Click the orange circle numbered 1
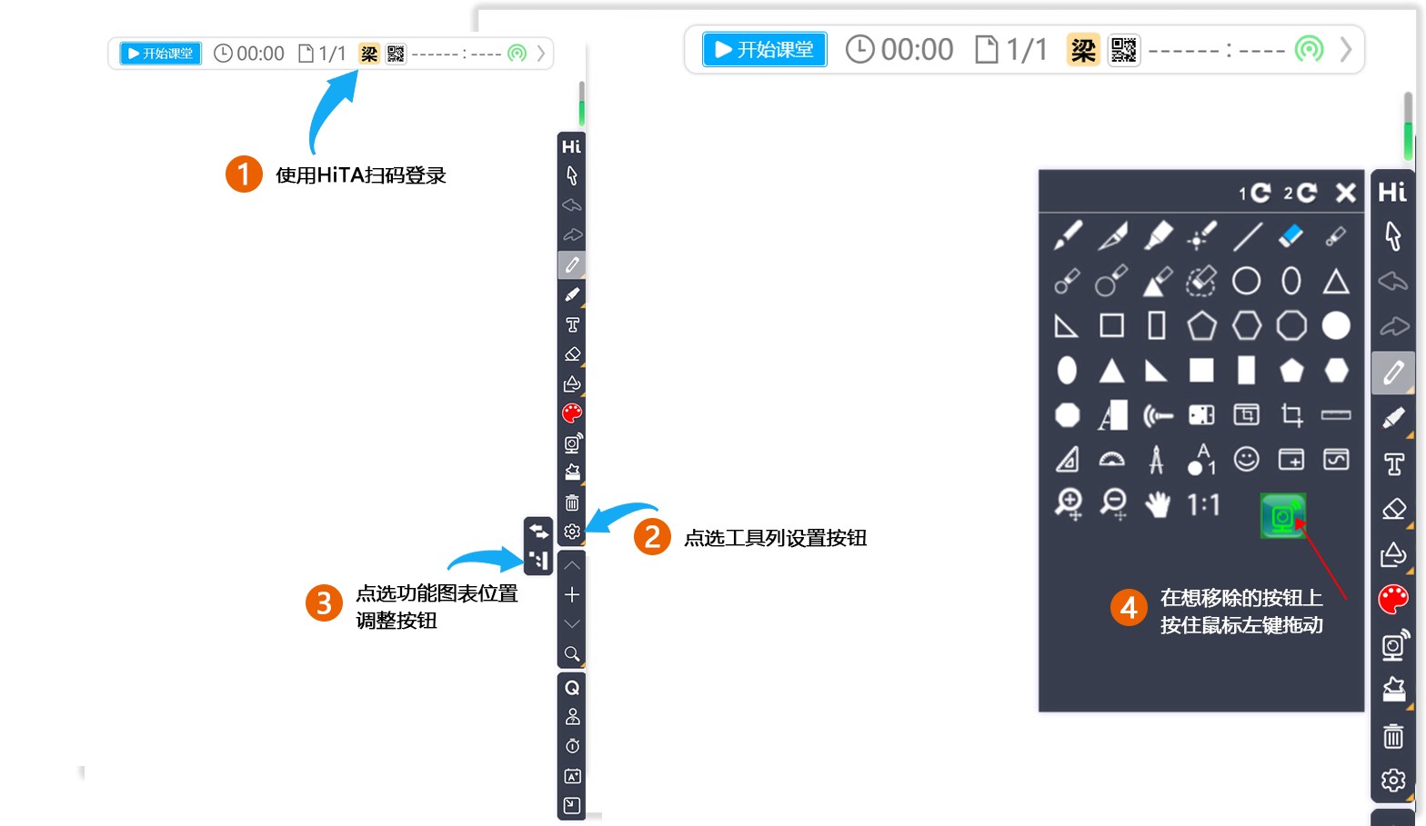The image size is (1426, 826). pos(244,174)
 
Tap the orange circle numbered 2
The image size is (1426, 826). pos(652,537)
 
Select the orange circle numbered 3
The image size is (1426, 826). pos(324,602)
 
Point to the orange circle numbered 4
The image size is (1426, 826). pos(1129,607)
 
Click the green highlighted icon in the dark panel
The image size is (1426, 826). pos(1282,515)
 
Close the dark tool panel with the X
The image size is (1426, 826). pos(1346,193)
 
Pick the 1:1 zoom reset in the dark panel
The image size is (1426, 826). pos(1203,504)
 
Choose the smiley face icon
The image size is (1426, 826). pos(1246,460)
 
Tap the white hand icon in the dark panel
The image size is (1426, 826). pos(1157,504)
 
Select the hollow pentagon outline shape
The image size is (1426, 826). pos(1201,325)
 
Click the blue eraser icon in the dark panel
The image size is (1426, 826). pos(1290,236)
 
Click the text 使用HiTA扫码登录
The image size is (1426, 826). pos(361,175)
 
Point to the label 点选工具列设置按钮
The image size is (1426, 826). pos(775,538)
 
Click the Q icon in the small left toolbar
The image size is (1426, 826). pos(572,688)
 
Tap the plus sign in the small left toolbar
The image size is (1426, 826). pos(572,594)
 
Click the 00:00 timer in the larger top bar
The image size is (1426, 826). pos(900,49)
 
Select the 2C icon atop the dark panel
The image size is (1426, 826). pos(1300,193)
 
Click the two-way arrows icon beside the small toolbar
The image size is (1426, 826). pos(538,531)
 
